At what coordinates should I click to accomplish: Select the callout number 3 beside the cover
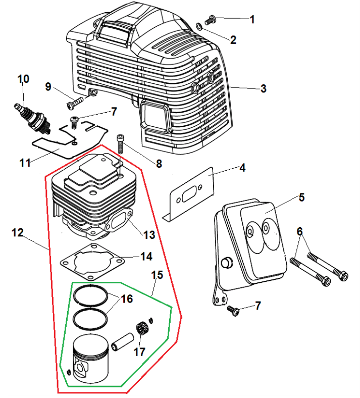(x=263, y=89)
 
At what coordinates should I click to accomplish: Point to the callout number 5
(x=301, y=197)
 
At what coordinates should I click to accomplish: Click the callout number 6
(x=299, y=231)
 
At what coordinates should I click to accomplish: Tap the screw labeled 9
(x=73, y=104)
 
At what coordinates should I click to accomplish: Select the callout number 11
(x=25, y=163)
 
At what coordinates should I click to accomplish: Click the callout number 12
(x=17, y=233)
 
